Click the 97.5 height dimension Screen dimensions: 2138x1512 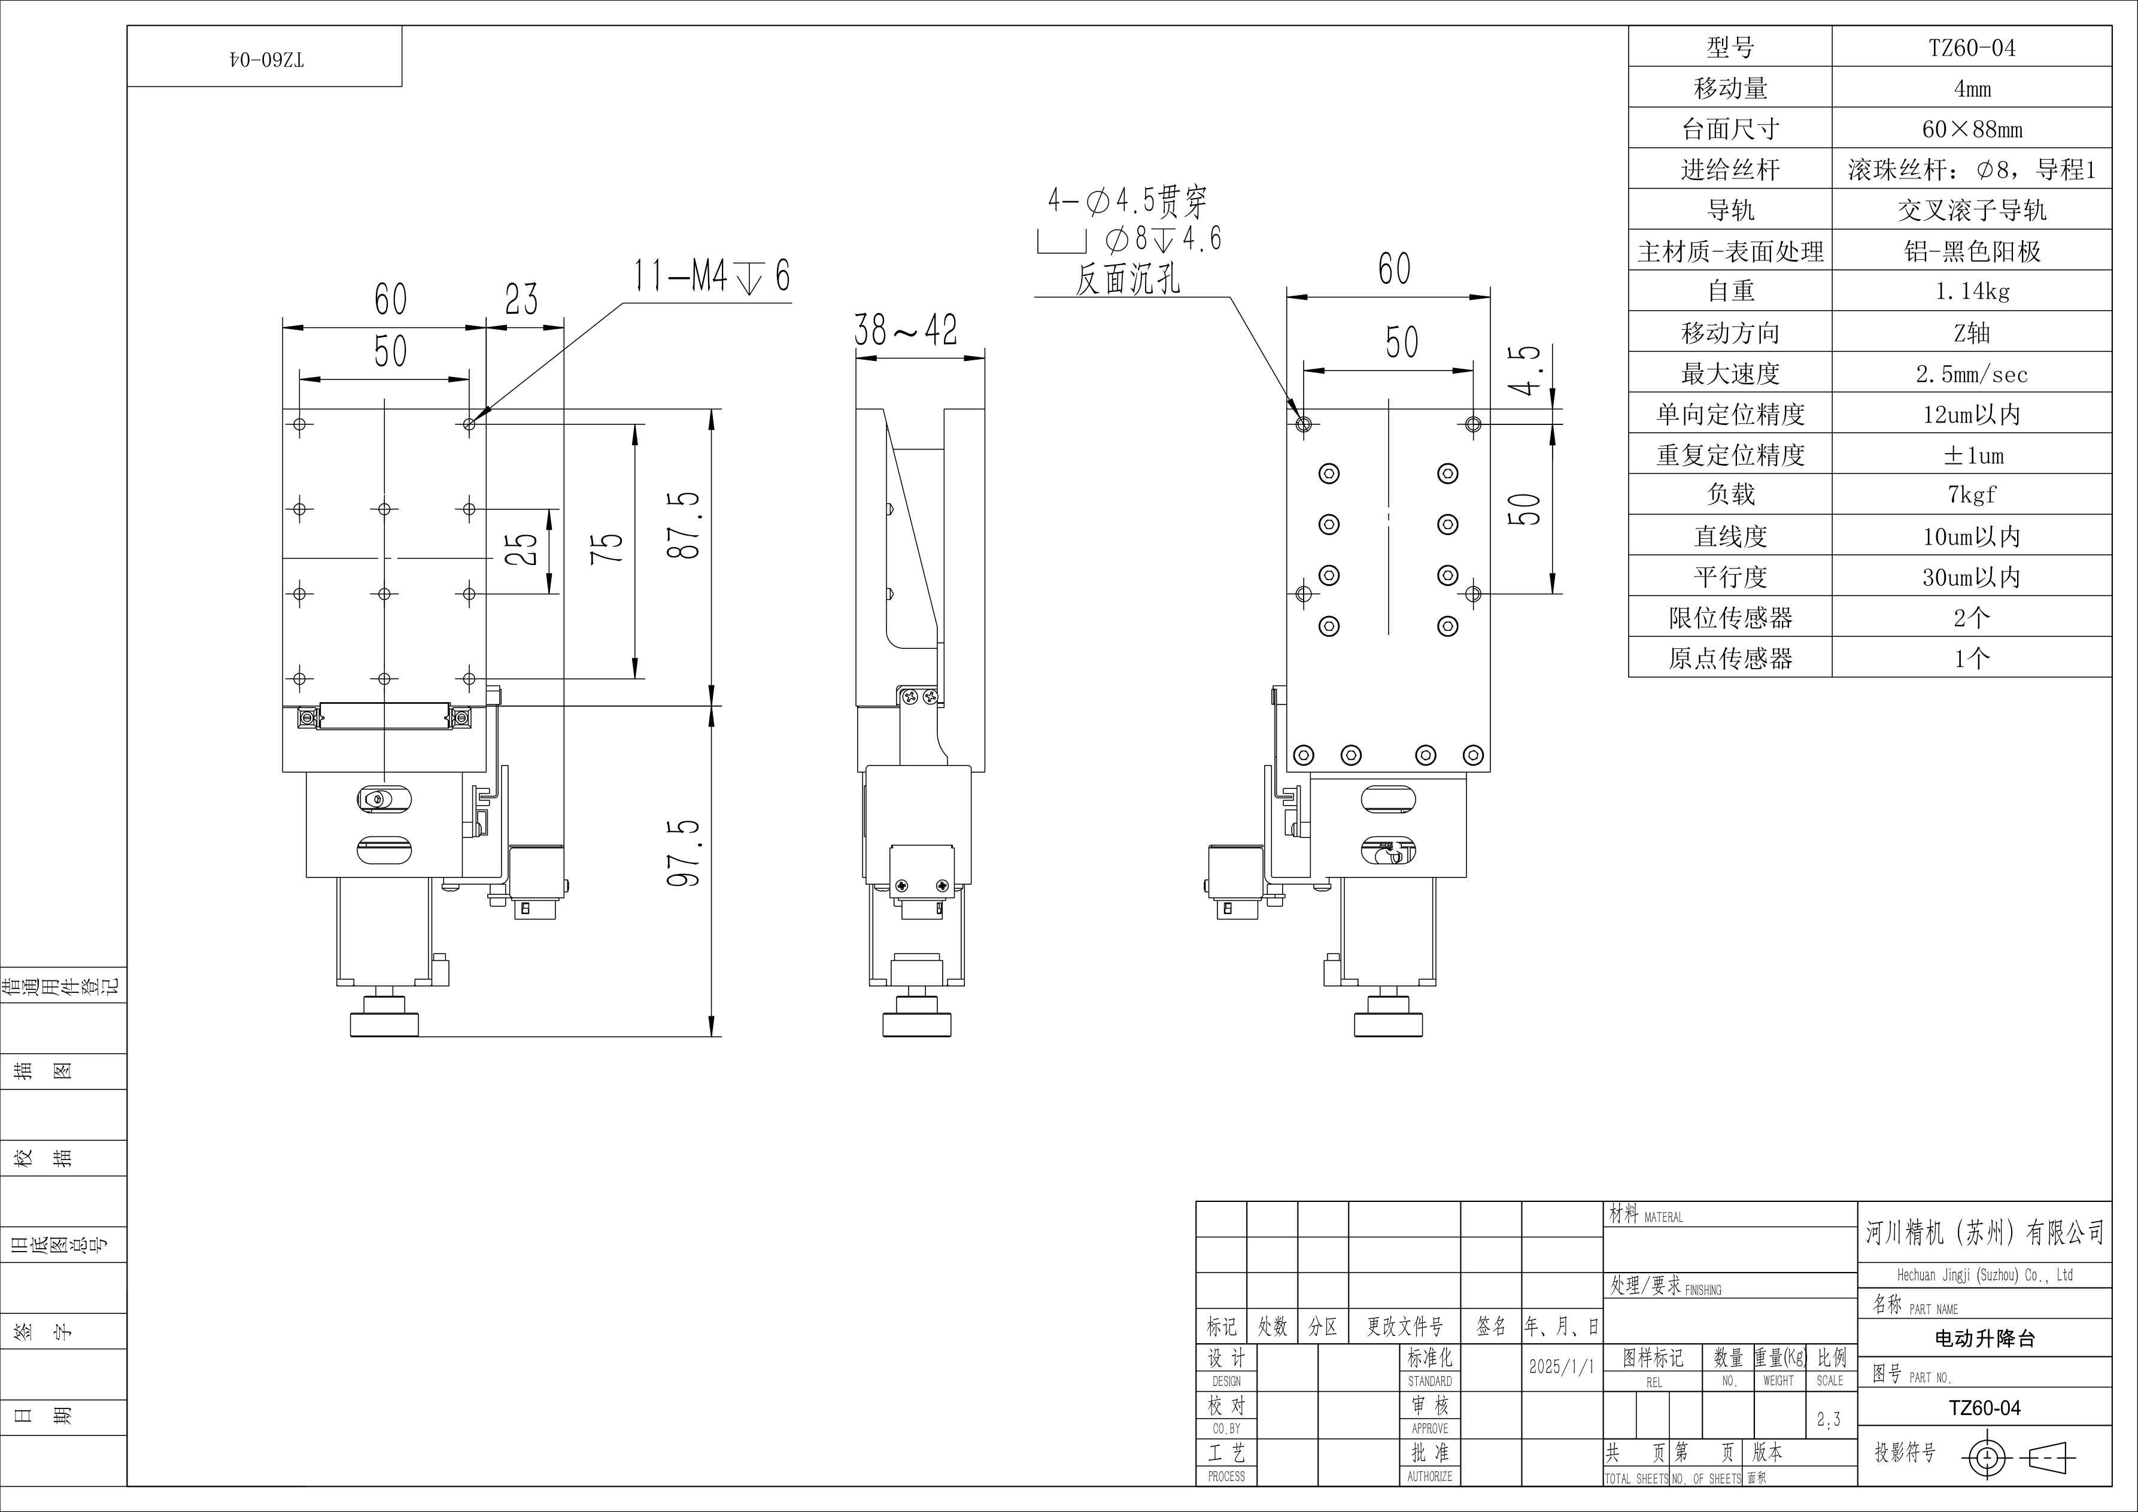[684, 853]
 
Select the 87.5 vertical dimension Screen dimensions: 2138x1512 [684, 525]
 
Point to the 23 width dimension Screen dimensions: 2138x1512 [521, 299]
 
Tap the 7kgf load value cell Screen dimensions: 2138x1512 [1972, 494]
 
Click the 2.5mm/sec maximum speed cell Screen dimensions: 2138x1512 [1972, 374]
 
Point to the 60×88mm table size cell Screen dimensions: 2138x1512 [1972, 129]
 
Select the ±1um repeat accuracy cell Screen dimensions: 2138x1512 [1972, 454]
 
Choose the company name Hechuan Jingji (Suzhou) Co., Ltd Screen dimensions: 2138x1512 [1984, 1274]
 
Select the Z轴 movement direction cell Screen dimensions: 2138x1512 [1972, 332]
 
